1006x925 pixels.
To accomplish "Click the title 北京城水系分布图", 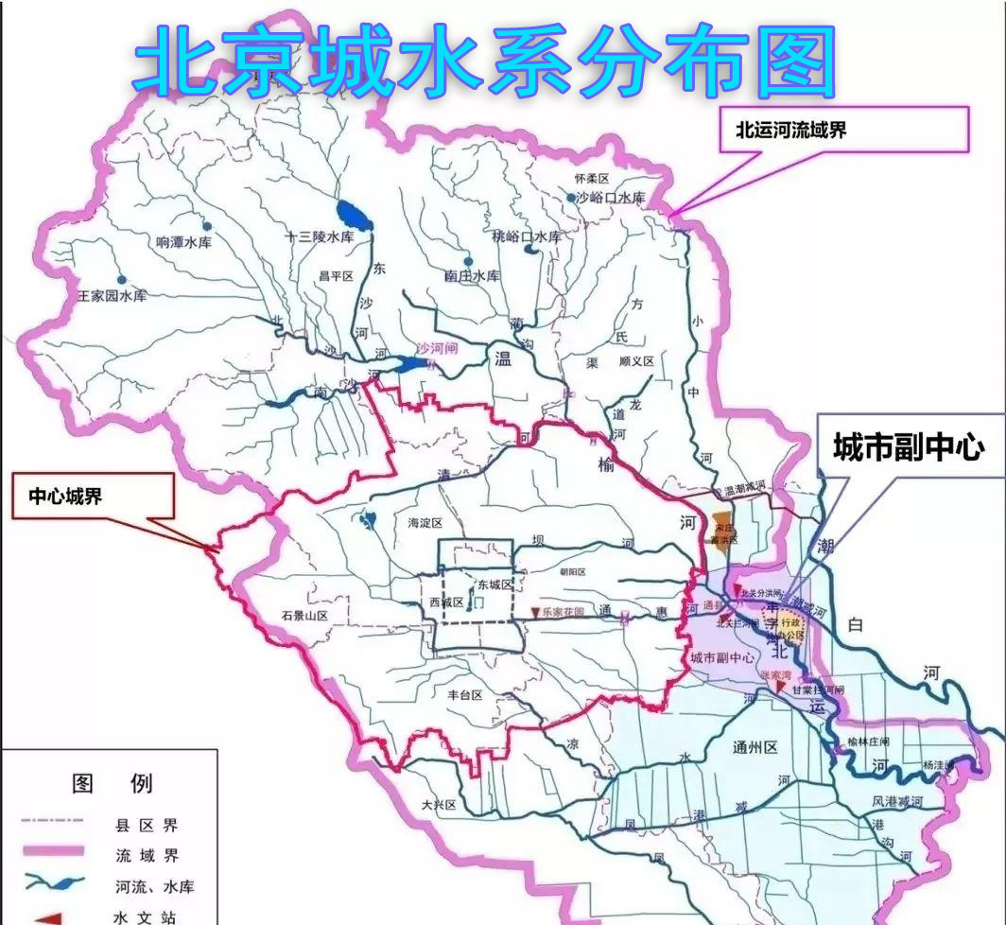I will [485, 61].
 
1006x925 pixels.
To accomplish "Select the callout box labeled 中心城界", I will [93, 496].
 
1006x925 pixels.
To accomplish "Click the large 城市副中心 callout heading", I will [908, 448].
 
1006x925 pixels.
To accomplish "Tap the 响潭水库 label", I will [183, 242].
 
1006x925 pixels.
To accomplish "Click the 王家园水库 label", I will [113, 297].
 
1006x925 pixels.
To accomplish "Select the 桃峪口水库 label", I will [527, 236].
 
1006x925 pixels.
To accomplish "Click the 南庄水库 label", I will [471, 275].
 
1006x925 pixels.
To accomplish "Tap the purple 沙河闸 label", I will [438, 349].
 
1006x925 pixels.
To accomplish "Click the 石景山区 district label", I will [304, 616].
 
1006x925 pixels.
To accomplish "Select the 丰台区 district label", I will [465, 694].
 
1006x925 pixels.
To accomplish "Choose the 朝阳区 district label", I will [572, 572].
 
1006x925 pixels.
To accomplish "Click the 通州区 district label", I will [754, 747].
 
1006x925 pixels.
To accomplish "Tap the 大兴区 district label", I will [439, 805].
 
